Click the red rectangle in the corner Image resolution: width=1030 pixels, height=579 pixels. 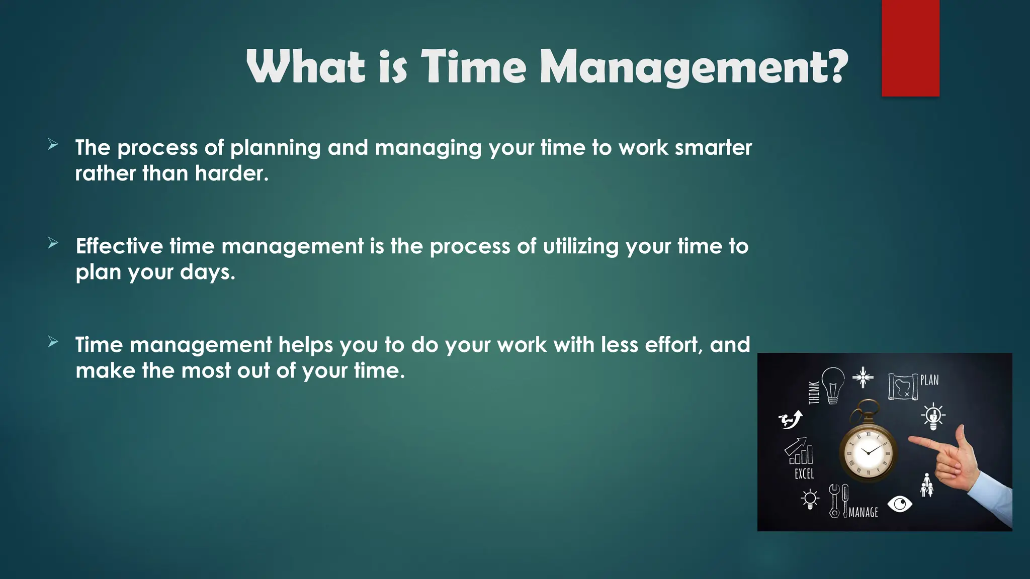[x=910, y=48]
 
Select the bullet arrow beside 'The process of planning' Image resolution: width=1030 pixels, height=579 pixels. [x=53, y=145]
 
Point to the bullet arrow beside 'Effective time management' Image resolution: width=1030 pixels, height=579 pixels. [x=53, y=243]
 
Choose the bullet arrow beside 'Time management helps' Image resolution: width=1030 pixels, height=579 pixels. [x=53, y=342]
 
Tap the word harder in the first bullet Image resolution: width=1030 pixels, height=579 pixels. [x=231, y=173]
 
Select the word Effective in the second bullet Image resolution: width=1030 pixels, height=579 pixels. [x=119, y=246]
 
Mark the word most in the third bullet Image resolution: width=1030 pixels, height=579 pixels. [x=206, y=371]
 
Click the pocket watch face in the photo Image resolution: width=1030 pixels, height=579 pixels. [x=868, y=452]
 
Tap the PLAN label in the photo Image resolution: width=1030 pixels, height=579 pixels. [x=929, y=380]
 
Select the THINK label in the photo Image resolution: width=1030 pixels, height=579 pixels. [x=813, y=393]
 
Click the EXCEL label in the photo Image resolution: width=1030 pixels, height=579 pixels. [x=804, y=473]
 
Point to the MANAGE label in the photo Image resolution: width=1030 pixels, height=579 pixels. [x=863, y=512]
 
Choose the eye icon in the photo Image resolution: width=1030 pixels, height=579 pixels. [x=900, y=503]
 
